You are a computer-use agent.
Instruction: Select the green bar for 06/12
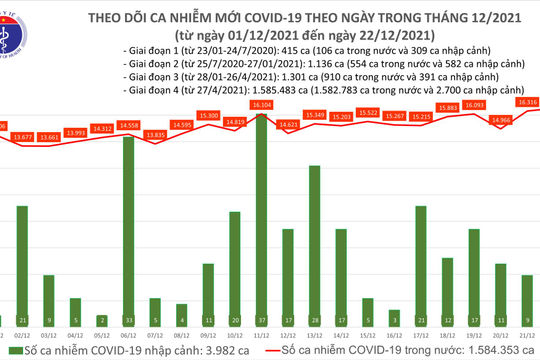coord(128,230)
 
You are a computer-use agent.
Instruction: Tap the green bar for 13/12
coord(314,245)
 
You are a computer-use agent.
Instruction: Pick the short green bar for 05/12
coord(101,319)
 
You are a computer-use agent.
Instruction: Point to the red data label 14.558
coord(128,125)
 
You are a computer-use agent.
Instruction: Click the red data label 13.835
coord(155,134)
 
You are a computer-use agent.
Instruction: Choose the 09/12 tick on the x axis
coord(208,336)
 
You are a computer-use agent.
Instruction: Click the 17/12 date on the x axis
coord(421,336)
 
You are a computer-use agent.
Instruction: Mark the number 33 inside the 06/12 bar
coord(128,320)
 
